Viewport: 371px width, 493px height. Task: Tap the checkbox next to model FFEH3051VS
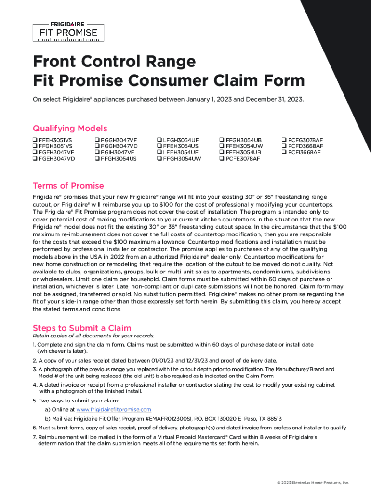click(35, 140)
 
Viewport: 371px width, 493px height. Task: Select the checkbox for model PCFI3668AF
click(284, 153)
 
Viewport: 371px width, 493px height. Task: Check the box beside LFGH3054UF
click(159, 140)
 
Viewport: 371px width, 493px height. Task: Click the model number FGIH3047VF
click(118, 153)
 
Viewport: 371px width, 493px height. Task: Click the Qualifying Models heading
click(70, 129)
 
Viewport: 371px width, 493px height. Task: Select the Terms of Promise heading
click(68, 186)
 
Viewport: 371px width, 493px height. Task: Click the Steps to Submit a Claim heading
click(81, 328)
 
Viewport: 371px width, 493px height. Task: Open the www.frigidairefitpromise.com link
click(114, 409)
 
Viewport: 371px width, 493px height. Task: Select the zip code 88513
click(273, 419)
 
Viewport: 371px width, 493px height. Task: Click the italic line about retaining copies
click(93, 336)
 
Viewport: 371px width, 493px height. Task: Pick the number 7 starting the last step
click(34, 437)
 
